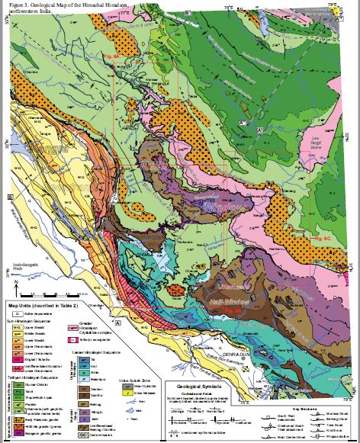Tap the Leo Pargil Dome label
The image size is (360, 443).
tap(327, 138)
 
